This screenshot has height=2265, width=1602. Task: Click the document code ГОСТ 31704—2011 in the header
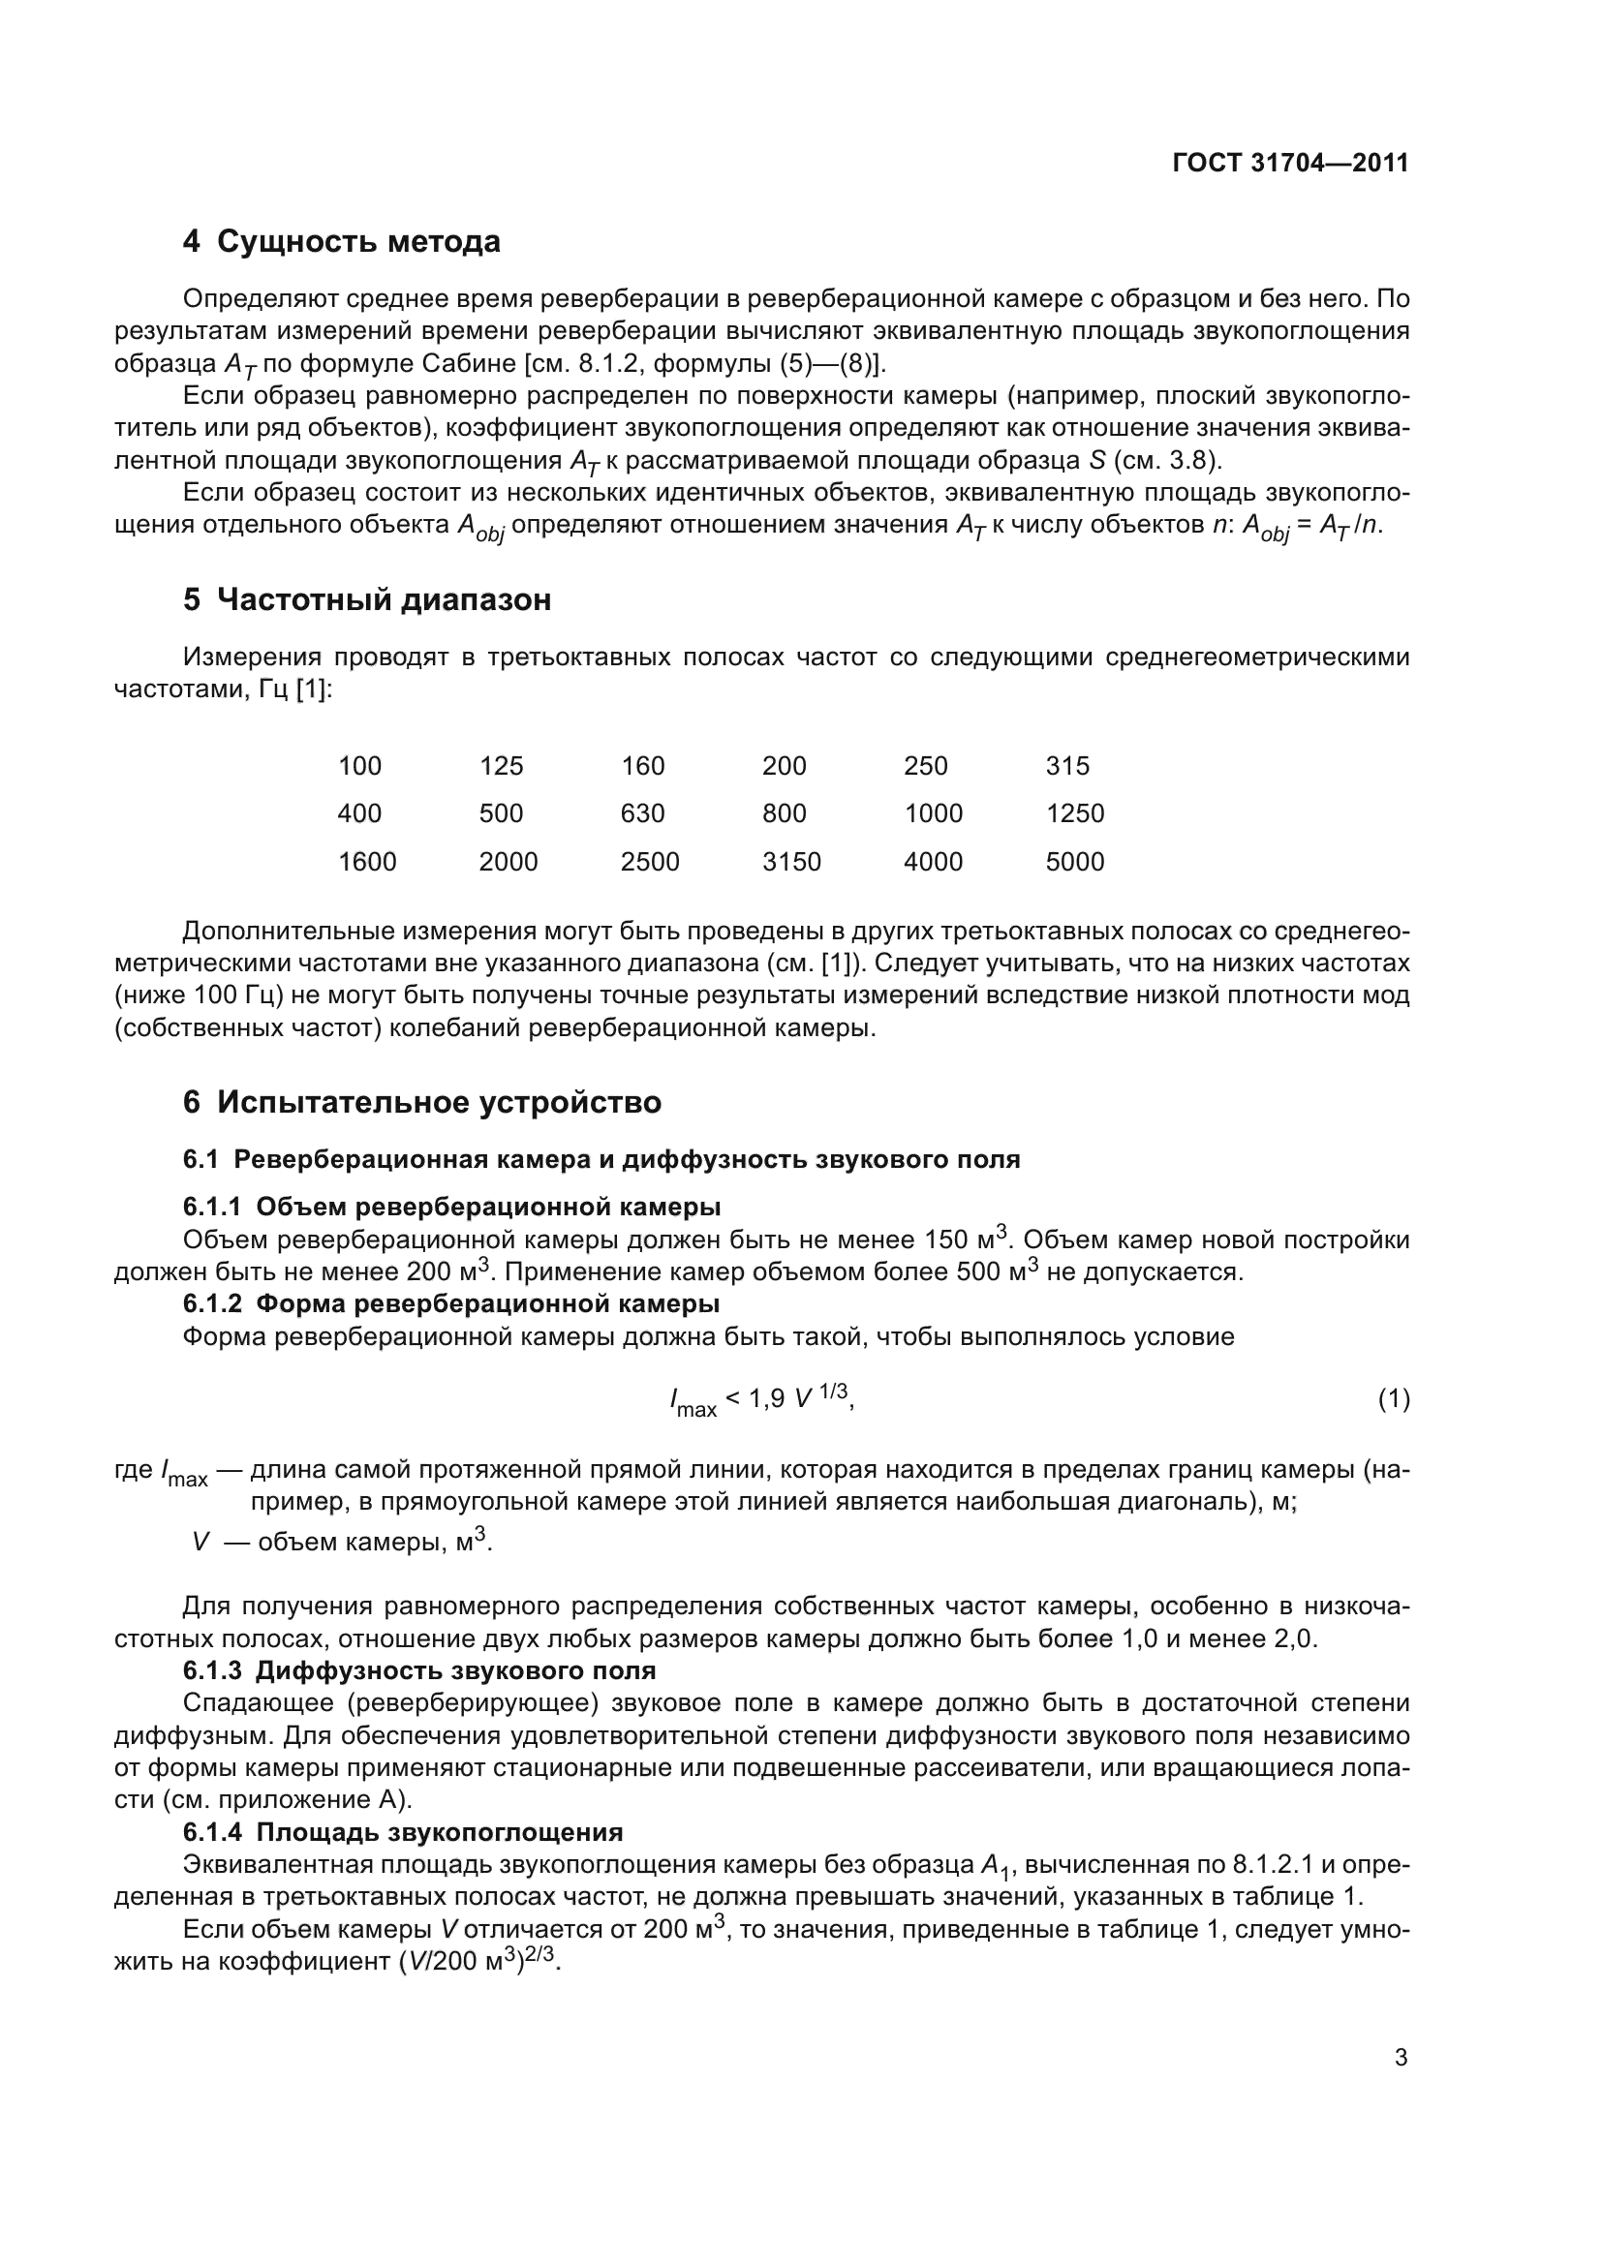(1290, 164)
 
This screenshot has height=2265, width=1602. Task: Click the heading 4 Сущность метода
(341, 242)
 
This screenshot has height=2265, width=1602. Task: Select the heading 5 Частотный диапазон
(367, 599)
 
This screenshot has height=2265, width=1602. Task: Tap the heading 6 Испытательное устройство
(421, 1102)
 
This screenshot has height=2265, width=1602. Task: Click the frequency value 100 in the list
(359, 766)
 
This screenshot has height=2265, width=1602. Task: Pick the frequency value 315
(1067, 766)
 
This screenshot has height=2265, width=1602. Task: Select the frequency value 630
(642, 813)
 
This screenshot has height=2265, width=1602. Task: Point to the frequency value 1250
(1074, 813)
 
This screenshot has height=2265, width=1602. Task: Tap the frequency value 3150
(791, 862)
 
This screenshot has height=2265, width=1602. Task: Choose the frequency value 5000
(1074, 862)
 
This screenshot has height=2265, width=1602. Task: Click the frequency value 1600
(367, 862)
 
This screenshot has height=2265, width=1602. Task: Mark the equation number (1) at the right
(1393, 1399)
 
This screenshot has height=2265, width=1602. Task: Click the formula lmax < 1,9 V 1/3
(760, 1399)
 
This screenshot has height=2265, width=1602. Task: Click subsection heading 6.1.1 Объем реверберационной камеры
(450, 1208)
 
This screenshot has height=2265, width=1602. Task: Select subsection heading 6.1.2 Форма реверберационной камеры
(450, 1304)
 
